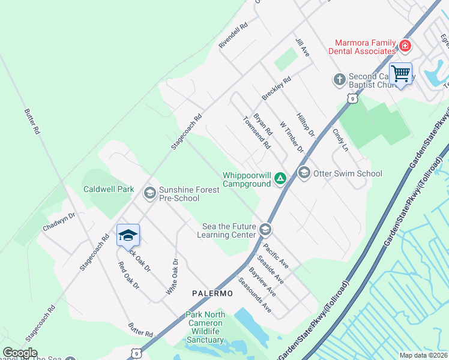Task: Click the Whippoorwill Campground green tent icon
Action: pyautogui.click(x=280, y=178)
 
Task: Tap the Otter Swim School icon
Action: pyautogui.click(x=304, y=173)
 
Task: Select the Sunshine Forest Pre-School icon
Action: pyautogui.click(x=149, y=193)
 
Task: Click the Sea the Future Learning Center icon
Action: pyautogui.click(x=265, y=229)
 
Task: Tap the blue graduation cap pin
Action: pyautogui.click(x=128, y=235)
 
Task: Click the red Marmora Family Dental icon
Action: pyautogui.click(x=405, y=46)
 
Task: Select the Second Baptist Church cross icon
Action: pyautogui.click(x=339, y=79)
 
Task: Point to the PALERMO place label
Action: pyautogui.click(x=212, y=293)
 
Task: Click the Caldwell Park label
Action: pyautogui.click(x=109, y=189)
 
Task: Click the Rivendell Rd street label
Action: pyautogui.click(x=234, y=36)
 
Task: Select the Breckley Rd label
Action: pyautogui.click(x=276, y=88)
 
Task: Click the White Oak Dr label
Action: pyautogui.click(x=172, y=276)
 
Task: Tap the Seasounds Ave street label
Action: pyautogui.click(x=255, y=295)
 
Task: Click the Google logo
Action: pyautogui.click(x=20, y=353)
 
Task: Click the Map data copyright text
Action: pyautogui.click(x=423, y=355)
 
